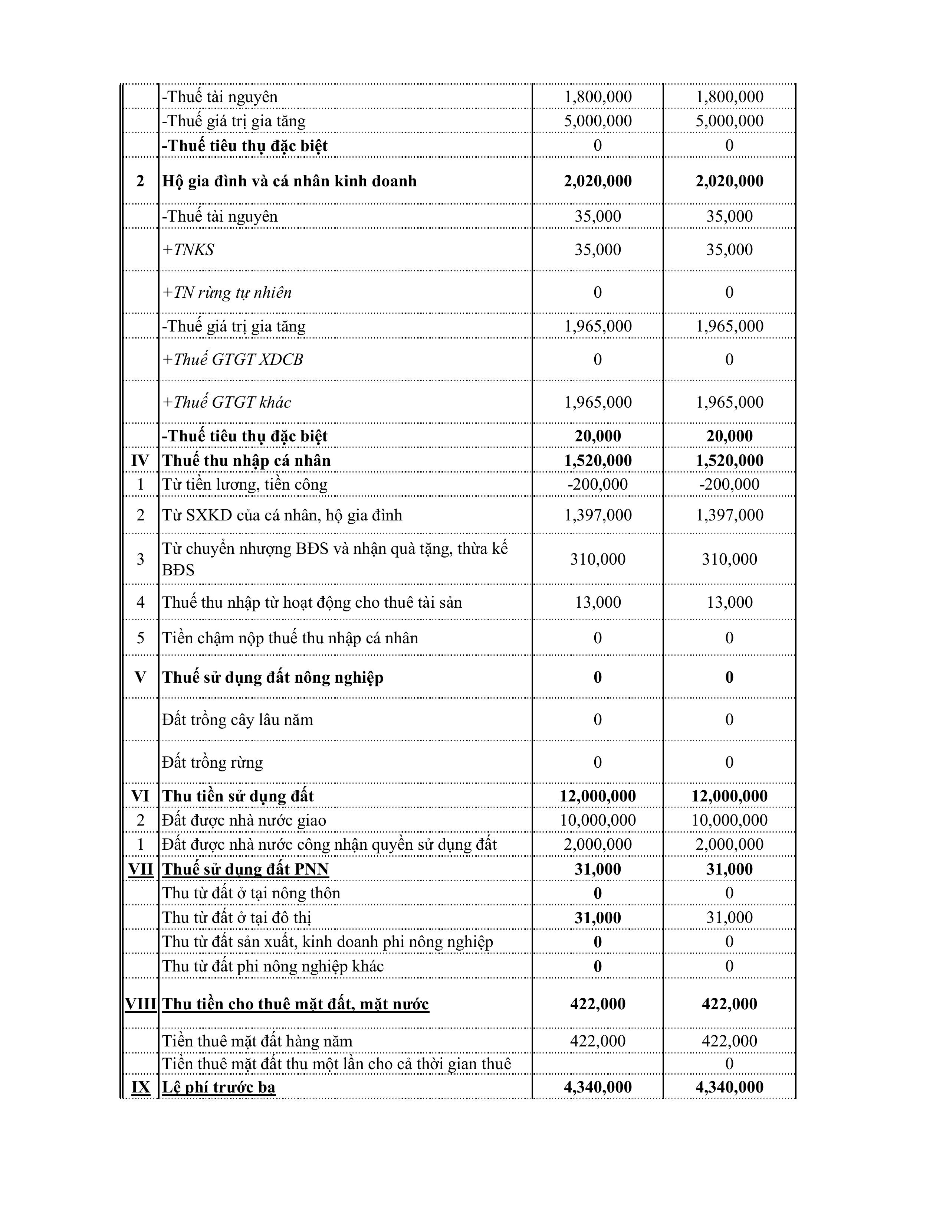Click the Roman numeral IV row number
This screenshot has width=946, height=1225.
pyautogui.click(x=140, y=461)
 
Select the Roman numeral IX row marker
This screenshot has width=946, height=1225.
pyautogui.click(x=141, y=1087)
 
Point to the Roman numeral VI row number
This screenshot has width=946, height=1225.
pyautogui.click(x=140, y=796)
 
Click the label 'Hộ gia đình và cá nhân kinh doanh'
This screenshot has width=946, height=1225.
pyautogui.click(x=289, y=181)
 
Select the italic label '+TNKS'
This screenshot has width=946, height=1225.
pyautogui.click(x=188, y=249)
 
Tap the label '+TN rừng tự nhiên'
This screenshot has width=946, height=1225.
pyautogui.click(x=227, y=292)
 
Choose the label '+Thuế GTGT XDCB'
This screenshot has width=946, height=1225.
pyautogui.click(x=233, y=360)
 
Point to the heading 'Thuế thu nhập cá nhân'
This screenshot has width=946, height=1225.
pyautogui.click(x=247, y=461)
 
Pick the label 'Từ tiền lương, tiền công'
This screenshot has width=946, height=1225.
pyautogui.click(x=245, y=484)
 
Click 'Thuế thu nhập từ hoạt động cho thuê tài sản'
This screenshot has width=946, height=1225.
pyautogui.click(x=312, y=602)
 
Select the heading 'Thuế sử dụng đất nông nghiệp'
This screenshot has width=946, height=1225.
pyautogui.click(x=273, y=677)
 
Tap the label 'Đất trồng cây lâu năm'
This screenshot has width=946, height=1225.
pyautogui.click(x=238, y=720)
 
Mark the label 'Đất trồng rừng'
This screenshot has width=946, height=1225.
pyautogui.click(x=213, y=762)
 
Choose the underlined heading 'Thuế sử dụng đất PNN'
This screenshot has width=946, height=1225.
pyautogui.click(x=246, y=869)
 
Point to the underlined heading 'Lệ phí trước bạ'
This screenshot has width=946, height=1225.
pyautogui.click(x=219, y=1087)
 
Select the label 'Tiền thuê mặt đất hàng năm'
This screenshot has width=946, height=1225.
pyautogui.click(x=257, y=1041)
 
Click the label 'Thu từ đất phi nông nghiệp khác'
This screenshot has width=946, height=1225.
pyautogui.click(x=273, y=966)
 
